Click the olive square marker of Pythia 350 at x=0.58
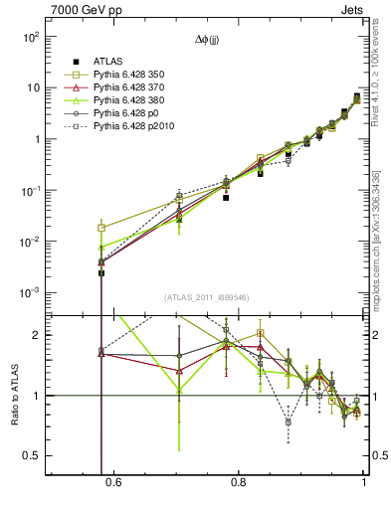101,228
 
